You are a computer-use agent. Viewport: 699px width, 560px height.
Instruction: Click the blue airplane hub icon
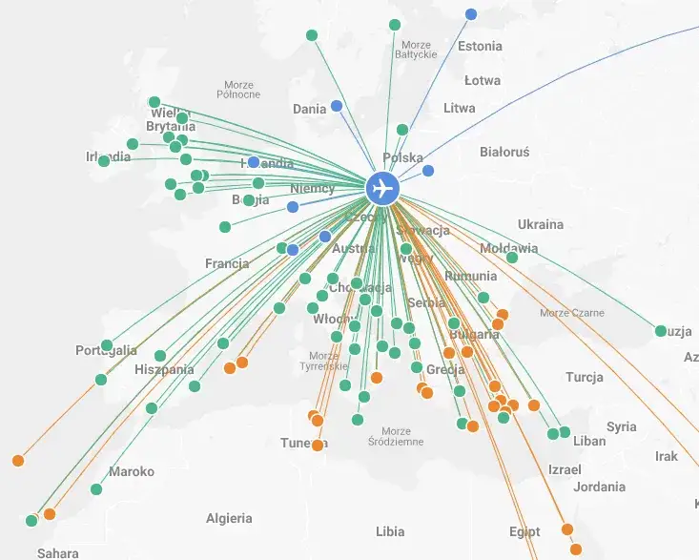(x=382, y=188)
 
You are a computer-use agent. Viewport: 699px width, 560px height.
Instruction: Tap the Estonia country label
(x=480, y=46)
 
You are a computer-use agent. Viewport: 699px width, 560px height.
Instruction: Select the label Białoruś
(x=504, y=152)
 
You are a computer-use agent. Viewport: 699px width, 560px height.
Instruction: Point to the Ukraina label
(x=541, y=224)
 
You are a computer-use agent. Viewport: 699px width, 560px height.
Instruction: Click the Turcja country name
(x=584, y=377)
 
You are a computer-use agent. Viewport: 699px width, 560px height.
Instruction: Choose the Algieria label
(x=230, y=518)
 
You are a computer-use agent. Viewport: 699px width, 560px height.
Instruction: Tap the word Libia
(x=390, y=531)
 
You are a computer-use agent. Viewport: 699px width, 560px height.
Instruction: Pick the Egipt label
(x=524, y=531)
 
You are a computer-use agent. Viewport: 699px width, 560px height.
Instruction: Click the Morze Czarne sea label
(x=572, y=313)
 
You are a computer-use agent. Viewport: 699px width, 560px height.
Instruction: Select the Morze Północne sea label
(x=238, y=90)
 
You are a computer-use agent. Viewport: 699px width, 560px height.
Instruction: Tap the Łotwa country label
(x=483, y=81)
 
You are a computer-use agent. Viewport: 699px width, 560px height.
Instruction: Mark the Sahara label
(x=58, y=552)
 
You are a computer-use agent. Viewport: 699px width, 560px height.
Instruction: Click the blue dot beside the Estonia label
(x=471, y=14)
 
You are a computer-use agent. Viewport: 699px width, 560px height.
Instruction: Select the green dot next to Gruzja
(x=661, y=331)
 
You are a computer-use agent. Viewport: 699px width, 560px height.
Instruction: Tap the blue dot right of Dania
(x=337, y=106)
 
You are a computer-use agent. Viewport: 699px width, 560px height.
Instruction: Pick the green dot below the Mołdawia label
(x=512, y=258)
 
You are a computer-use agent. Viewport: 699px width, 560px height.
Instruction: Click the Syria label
(x=621, y=426)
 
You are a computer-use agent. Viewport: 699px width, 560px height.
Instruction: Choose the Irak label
(x=667, y=457)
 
